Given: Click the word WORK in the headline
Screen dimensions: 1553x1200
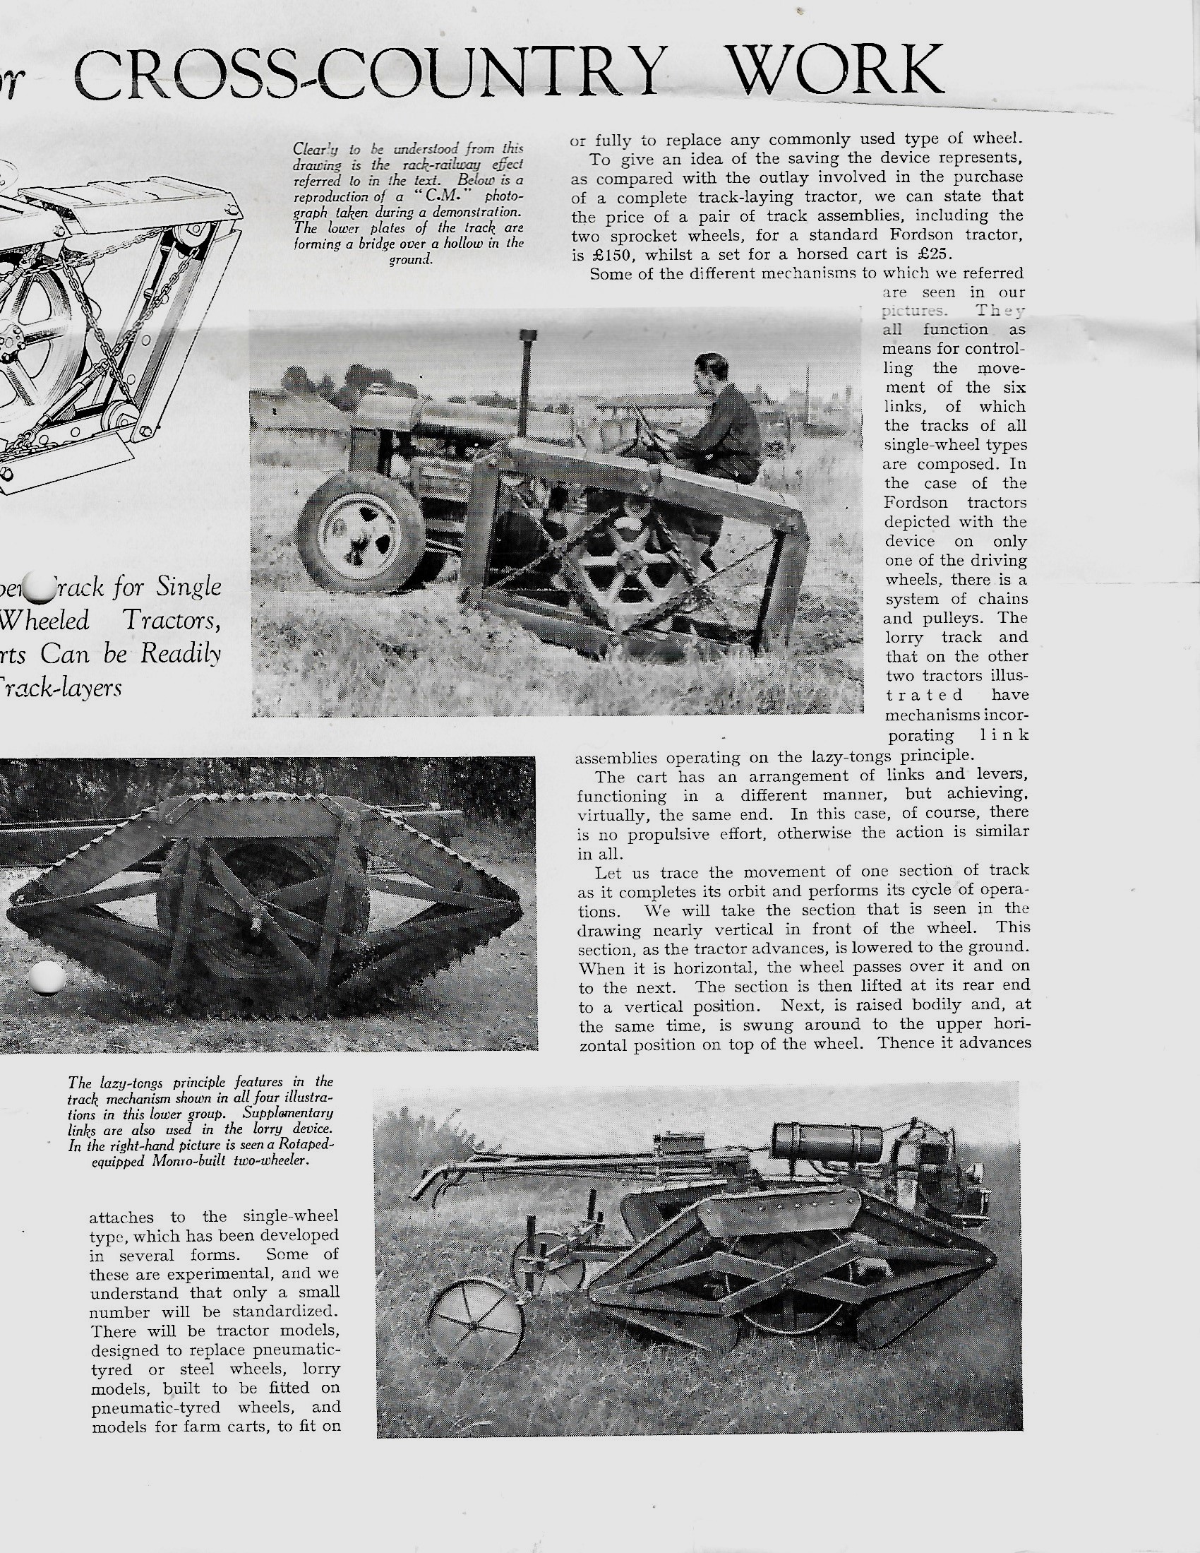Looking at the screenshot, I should (839, 71).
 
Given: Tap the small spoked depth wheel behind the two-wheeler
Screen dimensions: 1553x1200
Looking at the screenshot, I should (474, 1324).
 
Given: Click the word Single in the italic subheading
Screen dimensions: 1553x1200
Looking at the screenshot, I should (188, 588).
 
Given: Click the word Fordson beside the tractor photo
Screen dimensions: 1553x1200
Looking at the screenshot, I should (918, 503).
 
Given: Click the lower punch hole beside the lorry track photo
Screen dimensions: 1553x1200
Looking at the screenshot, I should (48, 979).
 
